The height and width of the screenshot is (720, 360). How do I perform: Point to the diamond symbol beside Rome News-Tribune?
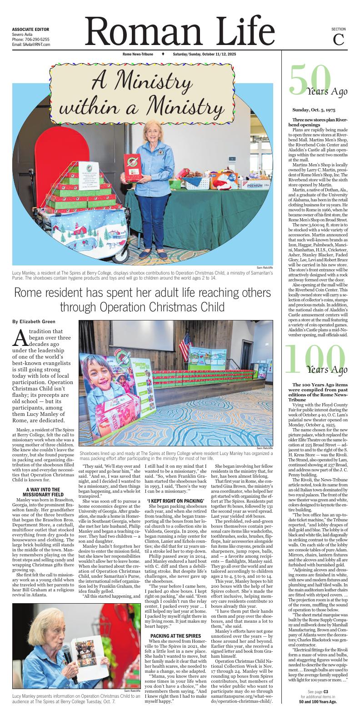point(163,54)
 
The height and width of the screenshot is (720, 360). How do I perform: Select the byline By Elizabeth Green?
point(34,321)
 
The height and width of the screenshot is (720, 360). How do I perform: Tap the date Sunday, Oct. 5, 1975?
point(314,110)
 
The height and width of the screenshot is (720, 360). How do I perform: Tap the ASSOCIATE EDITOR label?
point(30,29)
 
